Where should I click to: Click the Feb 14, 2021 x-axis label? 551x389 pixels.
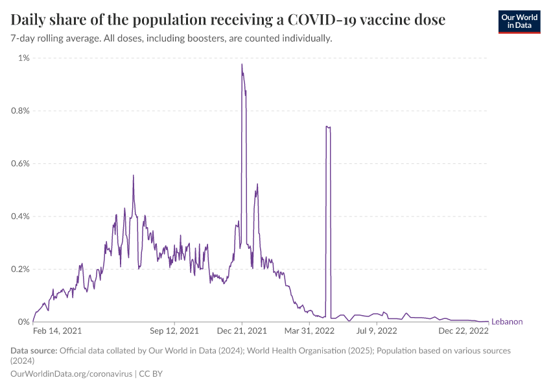pyautogui.click(x=58, y=331)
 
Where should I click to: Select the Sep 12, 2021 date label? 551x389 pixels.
pyautogui.click(x=175, y=331)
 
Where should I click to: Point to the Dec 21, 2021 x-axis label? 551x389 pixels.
pyautogui.click(x=241, y=331)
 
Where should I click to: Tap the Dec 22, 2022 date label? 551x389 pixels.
pyautogui.click(x=463, y=331)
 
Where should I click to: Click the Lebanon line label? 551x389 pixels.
pyautogui.click(x=507, y=322)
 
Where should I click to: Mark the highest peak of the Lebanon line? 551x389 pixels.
pyautogui.click(x=242, y=64)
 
